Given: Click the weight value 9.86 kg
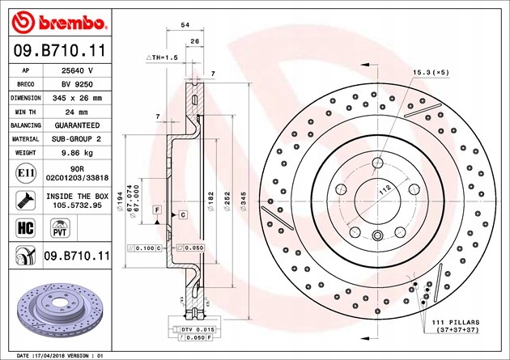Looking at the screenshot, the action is pos(77,153).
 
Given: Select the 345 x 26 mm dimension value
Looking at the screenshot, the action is pos(77,98).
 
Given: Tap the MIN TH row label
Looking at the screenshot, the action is pos(25,112).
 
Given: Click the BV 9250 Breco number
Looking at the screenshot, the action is pos(77,84).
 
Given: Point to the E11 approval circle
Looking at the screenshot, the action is pos(26,173).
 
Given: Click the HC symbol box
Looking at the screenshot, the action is pos(25,228).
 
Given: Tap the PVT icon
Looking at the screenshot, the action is pos(60,228).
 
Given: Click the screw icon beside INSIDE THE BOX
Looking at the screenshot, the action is pos(25,201).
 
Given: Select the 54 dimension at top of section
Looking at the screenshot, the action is pos(185,25).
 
